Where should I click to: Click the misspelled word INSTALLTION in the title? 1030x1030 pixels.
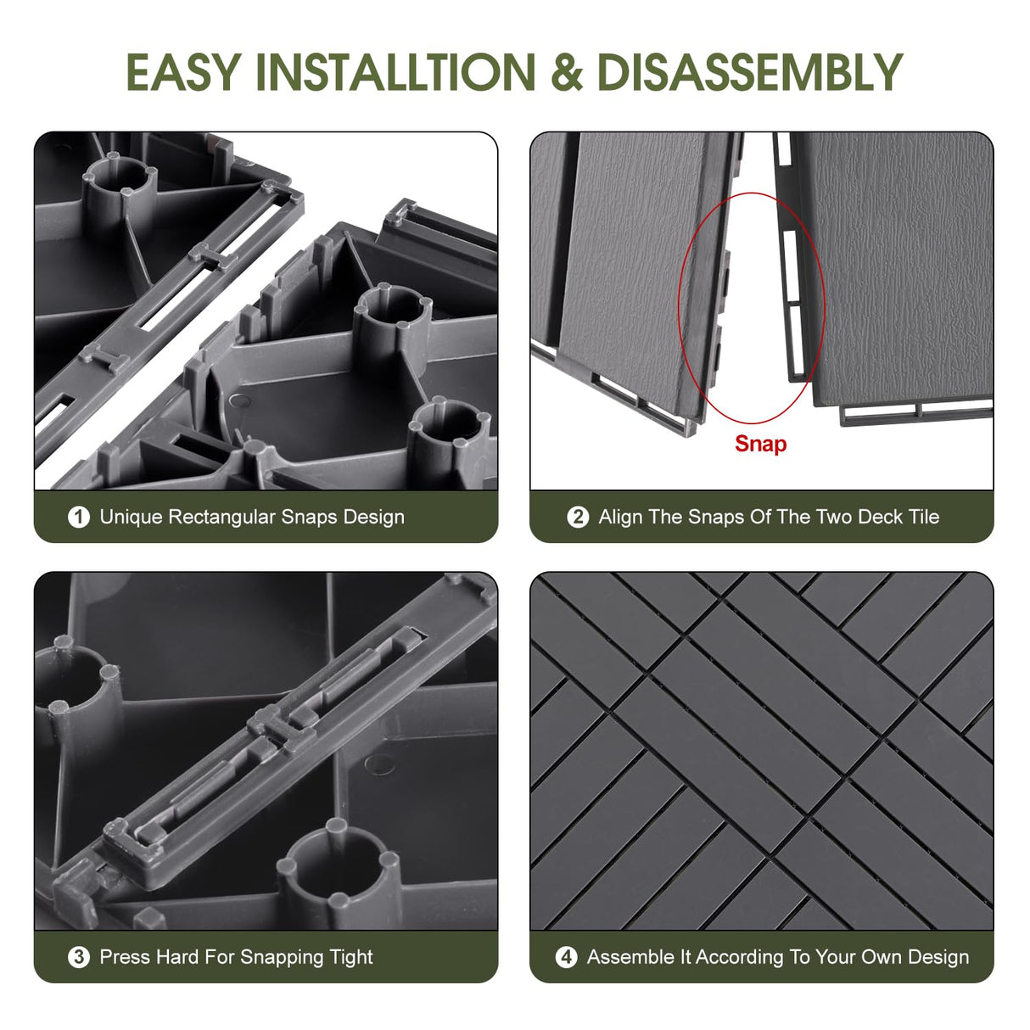point(395,72)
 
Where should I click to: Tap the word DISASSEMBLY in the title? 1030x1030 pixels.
point(749,72)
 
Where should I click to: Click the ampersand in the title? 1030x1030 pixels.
point(567,72)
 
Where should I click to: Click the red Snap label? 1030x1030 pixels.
point(760,444)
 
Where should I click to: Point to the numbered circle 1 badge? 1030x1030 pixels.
point(79,517)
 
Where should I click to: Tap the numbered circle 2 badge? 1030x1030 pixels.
point(578,517)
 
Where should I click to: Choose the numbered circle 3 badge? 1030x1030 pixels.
point(79,957)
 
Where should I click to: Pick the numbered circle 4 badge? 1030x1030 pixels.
point(566,957)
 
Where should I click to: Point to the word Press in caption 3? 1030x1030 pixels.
point(125,957)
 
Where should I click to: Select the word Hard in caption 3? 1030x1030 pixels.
point(177,957)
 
